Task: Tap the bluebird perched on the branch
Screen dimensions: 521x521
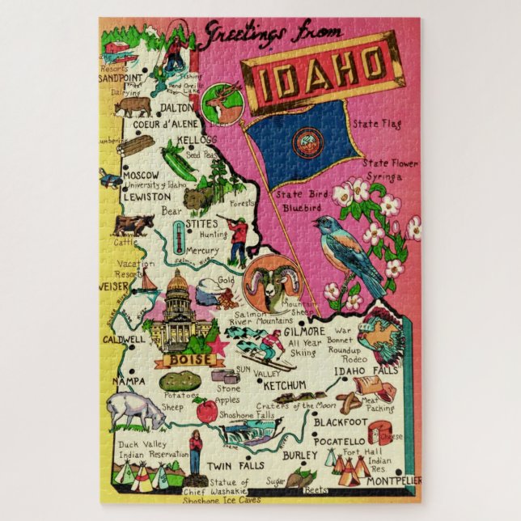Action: pos(354,252)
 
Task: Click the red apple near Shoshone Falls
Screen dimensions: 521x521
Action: pos(207,410)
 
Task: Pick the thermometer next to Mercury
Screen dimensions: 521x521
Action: pos(177,239)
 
